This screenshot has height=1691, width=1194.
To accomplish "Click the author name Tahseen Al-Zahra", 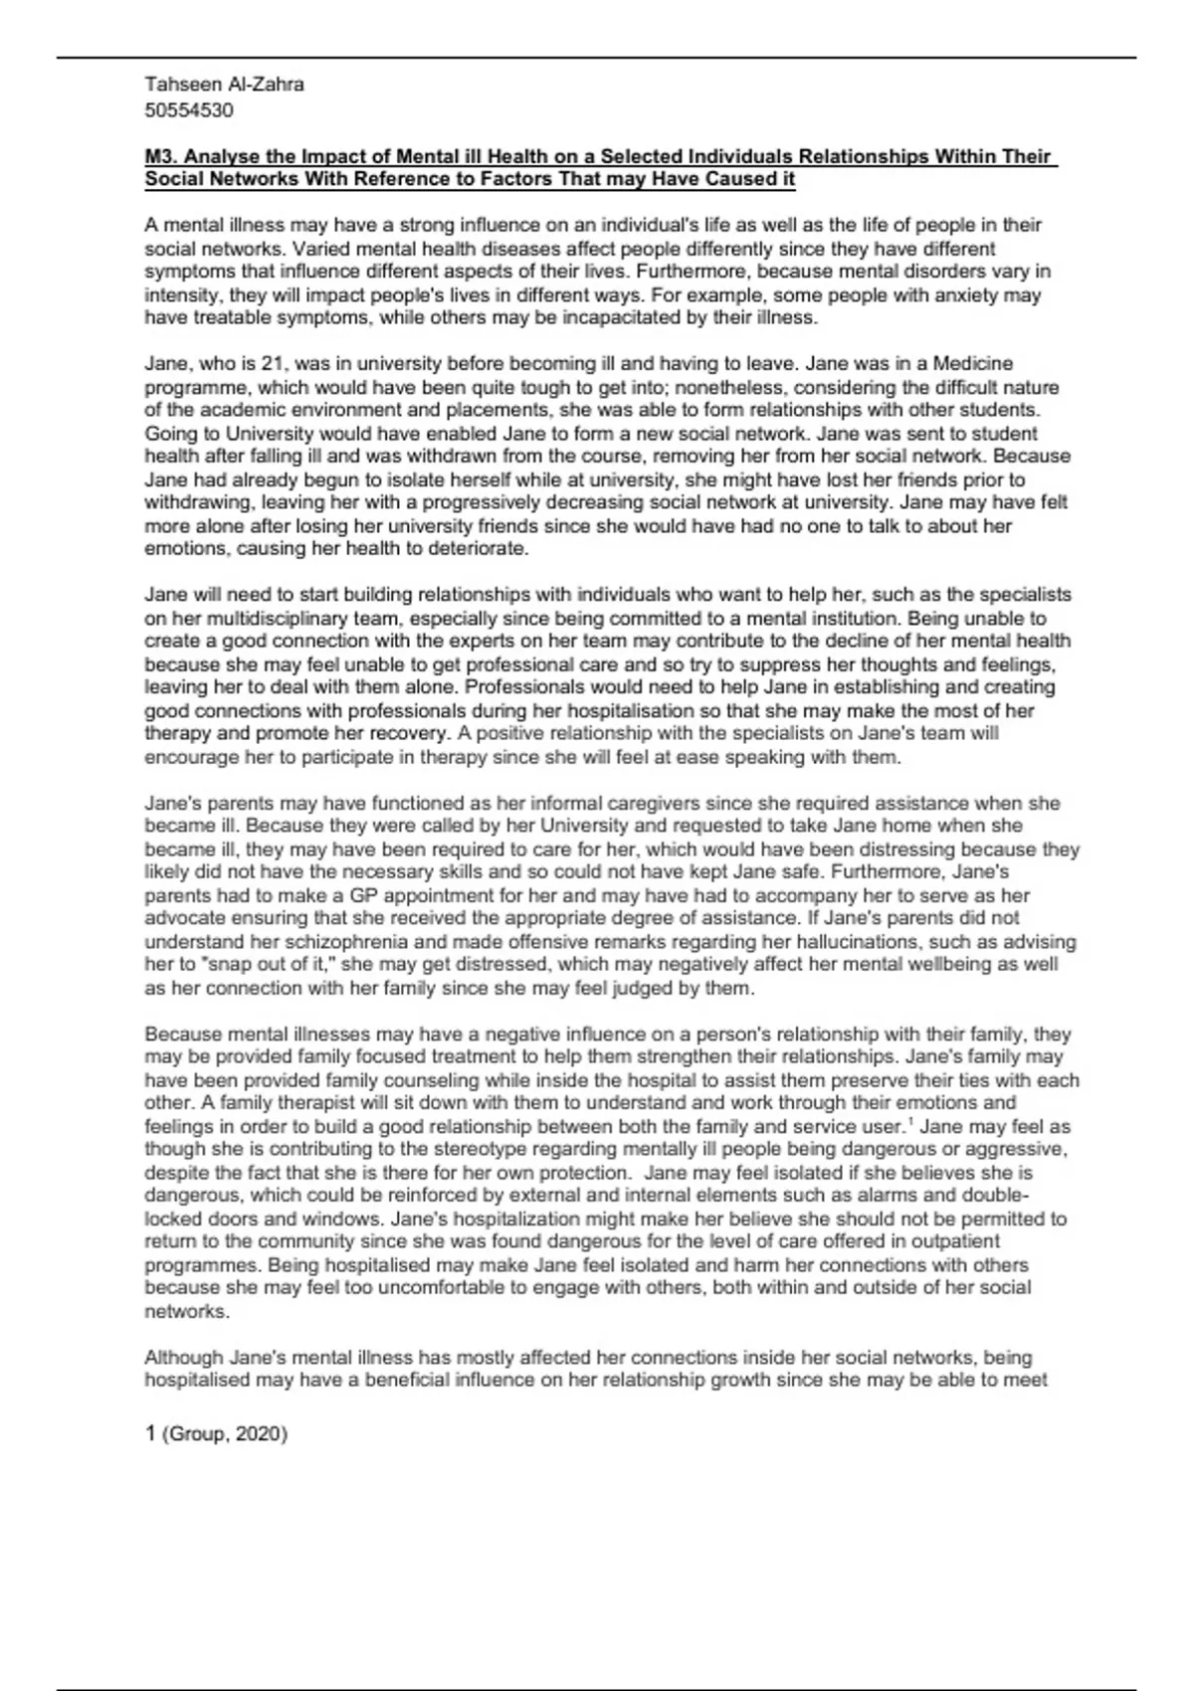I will pyautogui.click(x=224, y=85).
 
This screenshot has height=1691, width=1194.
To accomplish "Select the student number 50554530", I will pyautogui.click(x=189, y=110).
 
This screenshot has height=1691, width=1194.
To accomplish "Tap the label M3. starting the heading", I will pyautogui.click(x=161, y=157).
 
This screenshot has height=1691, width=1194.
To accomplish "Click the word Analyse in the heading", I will pyautogui.click(x=221, y=157).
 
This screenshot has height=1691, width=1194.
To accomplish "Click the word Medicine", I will pyautogui.click(x=973, y=364).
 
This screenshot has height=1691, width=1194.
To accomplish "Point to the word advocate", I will pyautogui.click(x=182, y=918).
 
